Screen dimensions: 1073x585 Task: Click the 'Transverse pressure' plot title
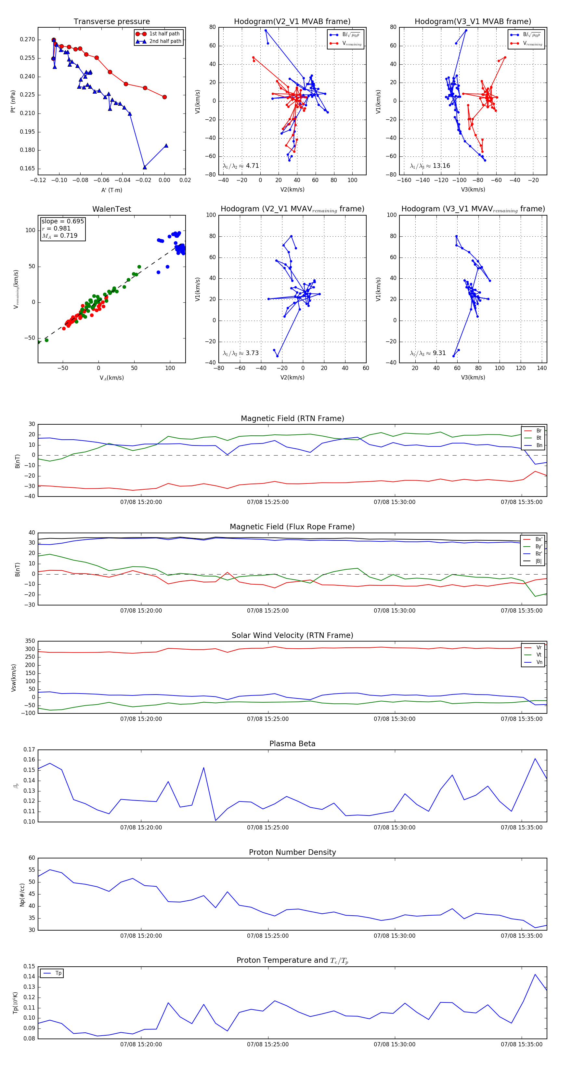pyautogui.click(x=111, y=22)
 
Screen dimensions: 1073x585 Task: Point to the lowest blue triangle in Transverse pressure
pyautogui.click(x=145, y=167)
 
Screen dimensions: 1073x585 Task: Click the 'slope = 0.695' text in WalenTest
pyautogui.click(x=62, y=221)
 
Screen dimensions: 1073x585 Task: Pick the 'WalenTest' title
pyautogui.click(x=111, y=209)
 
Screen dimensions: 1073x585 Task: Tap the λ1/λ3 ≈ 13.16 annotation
pyautogui.click(x=430, y=166)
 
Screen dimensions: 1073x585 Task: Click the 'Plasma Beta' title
pyautogui.click(x=292, y=744)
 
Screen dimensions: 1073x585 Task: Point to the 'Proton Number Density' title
pyautogui.click(x=292, y=852)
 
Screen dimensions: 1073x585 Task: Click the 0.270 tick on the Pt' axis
pyautogui.click(x=28, y=40)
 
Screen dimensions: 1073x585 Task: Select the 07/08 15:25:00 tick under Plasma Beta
pyautogui.click(x=268, y=828)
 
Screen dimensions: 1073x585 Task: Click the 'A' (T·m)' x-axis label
pyautogui.click(x=111, y=190)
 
